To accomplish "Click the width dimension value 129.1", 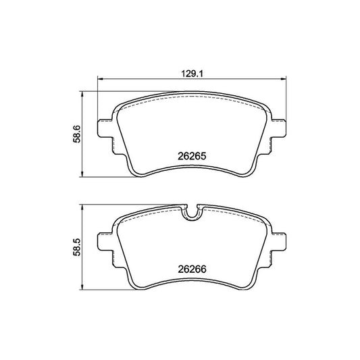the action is coord(192,74).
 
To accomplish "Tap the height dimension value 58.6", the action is coord(77,134).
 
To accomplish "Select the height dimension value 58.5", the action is coord(77,247).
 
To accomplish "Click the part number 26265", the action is coord(192,156).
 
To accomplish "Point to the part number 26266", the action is coord(192,269).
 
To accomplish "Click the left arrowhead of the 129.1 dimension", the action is coord(101,79).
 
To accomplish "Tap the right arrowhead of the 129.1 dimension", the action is coord(284,79).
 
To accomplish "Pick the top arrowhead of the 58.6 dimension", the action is coord(82,95).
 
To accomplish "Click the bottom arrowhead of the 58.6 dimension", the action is coord(82,174).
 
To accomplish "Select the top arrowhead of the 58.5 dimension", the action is coord(82,207).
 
